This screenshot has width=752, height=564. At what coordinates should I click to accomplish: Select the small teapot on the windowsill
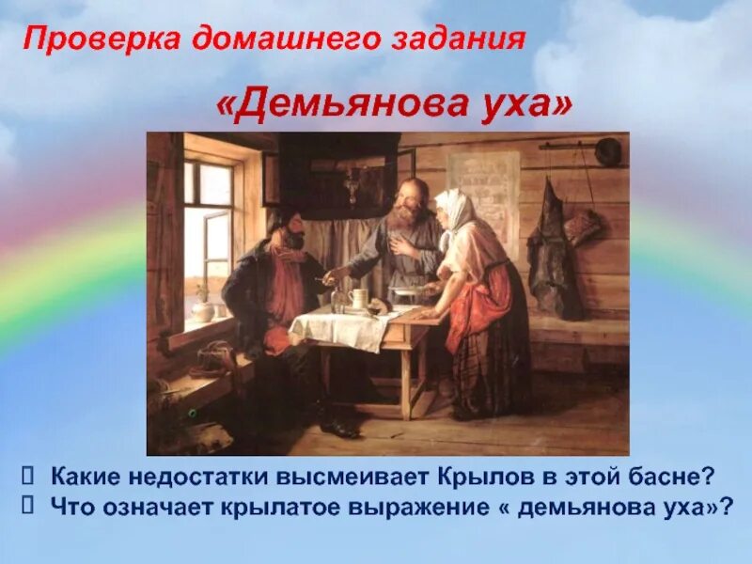[x=200, y=308]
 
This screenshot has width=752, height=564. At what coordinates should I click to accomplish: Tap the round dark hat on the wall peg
[x=608, y=151]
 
